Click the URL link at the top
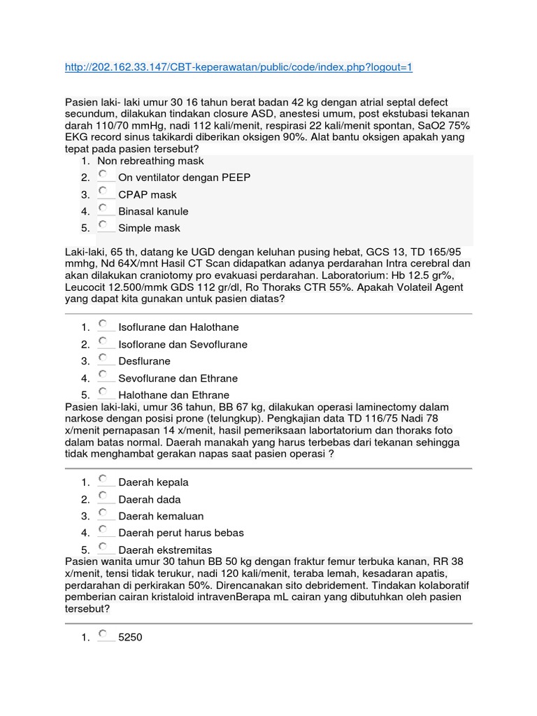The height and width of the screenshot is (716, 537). (238, 67)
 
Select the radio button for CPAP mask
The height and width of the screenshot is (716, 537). (103, 190)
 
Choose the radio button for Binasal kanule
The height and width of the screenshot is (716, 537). (103, 208)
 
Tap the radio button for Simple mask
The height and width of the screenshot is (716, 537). (103, 224)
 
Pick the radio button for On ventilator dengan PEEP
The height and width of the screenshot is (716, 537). (103, 173)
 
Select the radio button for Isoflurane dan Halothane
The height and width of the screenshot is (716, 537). (103, 324)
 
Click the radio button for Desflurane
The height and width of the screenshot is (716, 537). (103, 358)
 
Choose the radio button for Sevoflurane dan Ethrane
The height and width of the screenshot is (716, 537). (103, 375)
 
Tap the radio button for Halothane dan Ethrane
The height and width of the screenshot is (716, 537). (103, 392)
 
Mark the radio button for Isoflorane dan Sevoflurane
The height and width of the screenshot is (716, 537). (103, 341)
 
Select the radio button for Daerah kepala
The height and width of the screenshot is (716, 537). (103, 479)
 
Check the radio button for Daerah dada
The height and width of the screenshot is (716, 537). (103, 496)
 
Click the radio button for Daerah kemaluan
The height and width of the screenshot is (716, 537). (103, 513)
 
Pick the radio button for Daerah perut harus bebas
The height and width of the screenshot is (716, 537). (103, 529)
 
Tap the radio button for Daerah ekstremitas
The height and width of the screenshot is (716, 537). (103, 546)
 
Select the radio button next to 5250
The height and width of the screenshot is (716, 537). (103, 634)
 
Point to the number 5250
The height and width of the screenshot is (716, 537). (130, 638)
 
